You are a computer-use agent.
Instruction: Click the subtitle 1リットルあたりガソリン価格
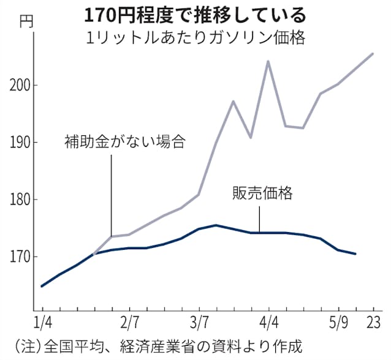tap(202, 36)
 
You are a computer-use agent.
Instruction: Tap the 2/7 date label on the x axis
tap(129, 322)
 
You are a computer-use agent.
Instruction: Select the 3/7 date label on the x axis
tap(199, 322)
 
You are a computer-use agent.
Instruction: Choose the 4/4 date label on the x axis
tap(268, 322)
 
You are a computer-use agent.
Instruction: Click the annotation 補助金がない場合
tap(125, 143)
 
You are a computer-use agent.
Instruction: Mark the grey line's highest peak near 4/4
tap(268, 61)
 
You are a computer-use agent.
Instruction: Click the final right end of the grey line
tap(373, 53)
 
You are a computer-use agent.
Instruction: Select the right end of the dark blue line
tap(355, 253)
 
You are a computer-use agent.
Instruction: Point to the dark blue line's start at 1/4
tap(42, 286)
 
